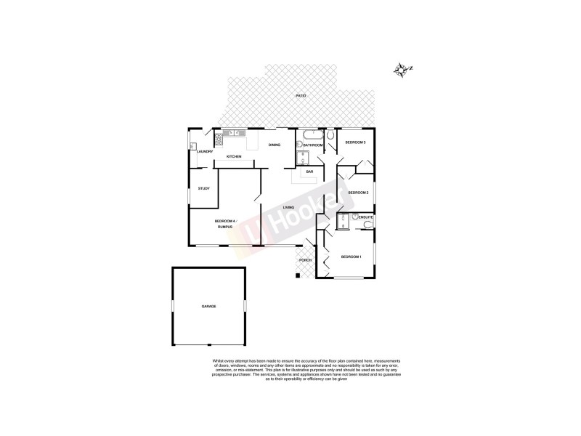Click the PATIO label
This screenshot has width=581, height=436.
300,96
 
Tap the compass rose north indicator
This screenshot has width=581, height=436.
402,70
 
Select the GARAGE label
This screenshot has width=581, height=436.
208,306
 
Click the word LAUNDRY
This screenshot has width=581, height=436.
204,151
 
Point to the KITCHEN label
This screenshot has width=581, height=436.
234,157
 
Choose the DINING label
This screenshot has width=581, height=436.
274,145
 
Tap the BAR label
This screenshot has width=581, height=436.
309,171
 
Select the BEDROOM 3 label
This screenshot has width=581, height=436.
354,142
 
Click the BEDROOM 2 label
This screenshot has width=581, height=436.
358,192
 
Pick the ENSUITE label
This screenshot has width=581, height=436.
365,217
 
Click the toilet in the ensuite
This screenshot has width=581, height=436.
368,225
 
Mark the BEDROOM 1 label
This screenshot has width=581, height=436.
351,256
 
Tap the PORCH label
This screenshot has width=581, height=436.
305,259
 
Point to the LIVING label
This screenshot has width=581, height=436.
288,209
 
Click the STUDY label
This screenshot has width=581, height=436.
203,189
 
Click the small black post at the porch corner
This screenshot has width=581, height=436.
297,275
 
